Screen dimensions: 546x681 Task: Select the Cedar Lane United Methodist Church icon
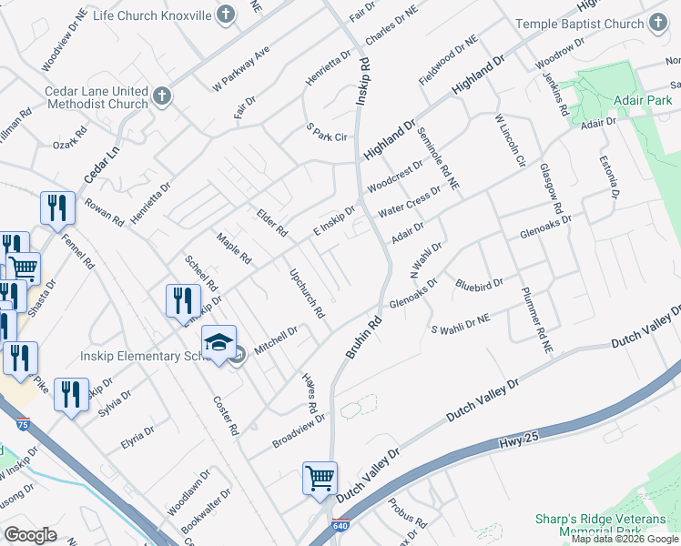tap(162, 96)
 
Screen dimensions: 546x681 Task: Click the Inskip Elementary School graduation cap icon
tap(219, 343)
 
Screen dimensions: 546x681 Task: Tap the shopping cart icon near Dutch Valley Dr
tap(320, 478)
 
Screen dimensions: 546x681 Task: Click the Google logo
tap(30, 535)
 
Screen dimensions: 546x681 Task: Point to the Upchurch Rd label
tap(307, 293)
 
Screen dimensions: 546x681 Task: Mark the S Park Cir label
tap(327, 136)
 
